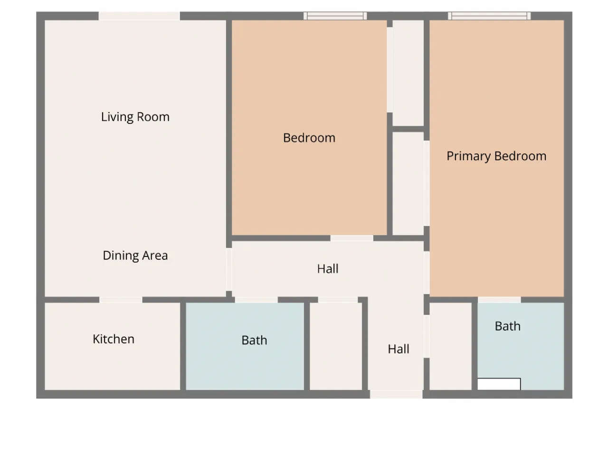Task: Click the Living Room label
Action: (135, 117)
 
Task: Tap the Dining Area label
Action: (135, 255)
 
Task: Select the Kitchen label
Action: (114, 339)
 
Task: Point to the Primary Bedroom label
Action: (496, 156)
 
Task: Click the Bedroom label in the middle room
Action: (309, 138)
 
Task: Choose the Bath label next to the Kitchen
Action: (254, 340)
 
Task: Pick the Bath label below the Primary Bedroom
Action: (508, 326)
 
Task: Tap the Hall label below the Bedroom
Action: (328, 268)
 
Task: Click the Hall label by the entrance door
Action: (399, 349)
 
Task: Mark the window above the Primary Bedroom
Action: (489, 16)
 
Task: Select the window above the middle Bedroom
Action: (335, 16)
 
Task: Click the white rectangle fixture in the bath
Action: (499, 384)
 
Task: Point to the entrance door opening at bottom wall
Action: (396, 394)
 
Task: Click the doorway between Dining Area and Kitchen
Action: (121, 300)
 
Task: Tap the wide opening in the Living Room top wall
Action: (139, 16)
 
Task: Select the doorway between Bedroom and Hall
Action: (352, 238)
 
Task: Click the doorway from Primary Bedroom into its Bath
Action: (499, 300)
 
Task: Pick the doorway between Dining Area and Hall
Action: (229, 269)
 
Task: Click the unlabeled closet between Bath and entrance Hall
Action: (336, 346)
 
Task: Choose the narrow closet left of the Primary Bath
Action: (450, 346)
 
